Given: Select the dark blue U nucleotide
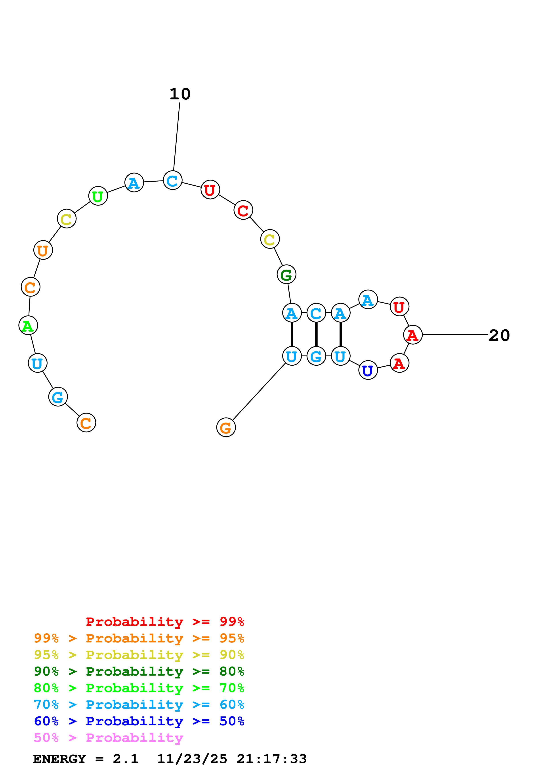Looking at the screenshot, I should [x=368, y=370].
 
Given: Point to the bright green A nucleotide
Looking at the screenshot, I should [x=28, y=326].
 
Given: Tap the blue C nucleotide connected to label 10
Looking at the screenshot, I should [x=173, y=180].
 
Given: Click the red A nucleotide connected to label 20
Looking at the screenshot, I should [x=413, y=335].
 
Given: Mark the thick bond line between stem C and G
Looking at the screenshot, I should [x=316, y=334].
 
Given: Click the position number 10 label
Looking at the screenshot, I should [x=180, y=94].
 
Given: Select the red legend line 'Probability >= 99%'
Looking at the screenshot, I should [x=165, y=622].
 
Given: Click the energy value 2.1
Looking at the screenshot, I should [x=126, y=759].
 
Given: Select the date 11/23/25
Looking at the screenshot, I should [x=192, y=759].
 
